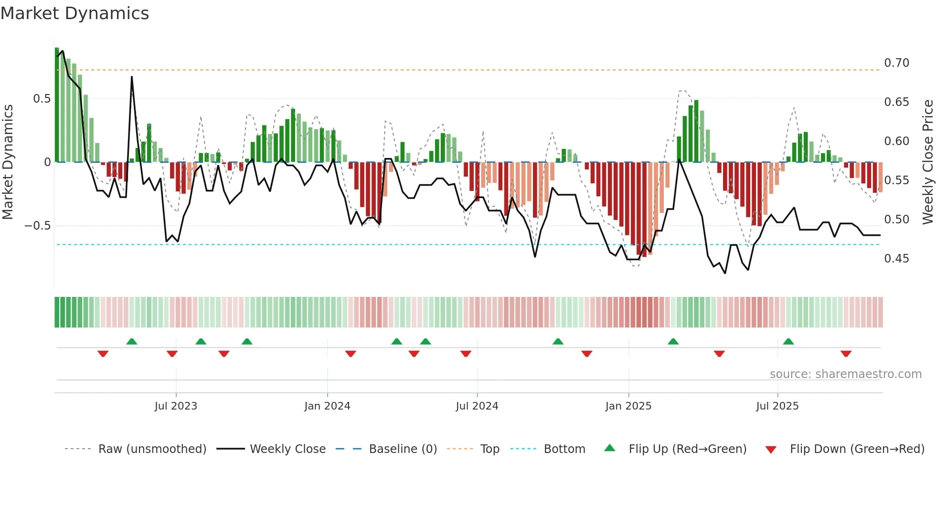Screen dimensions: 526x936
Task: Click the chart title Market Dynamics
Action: pyautogui.click(x=74, y=13)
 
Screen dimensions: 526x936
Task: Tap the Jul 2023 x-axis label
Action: pyautogui.click(x=176, y=406)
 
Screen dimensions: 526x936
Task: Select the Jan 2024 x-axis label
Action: pyautogui.click(x=327, y=406)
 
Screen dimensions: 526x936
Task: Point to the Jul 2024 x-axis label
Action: pyautogui.click(x=477, y=406)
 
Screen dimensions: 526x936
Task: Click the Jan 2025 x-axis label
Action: pyautogui.click(x=628, y=406)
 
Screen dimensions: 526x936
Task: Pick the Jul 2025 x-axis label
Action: pyautogui.click(x=777, y=406)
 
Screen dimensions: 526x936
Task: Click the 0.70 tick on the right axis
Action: pyautogui.click(x=896, y=63)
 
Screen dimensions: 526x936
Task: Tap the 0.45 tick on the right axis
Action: pyautogui.click(x=896, y=259)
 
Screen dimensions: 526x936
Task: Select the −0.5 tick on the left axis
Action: pyautogui.click(x=38, y=226)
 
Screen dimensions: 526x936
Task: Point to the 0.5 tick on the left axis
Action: pyautogui.click(x=42, y=99)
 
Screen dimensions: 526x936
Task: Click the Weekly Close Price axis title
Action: pyautogui.click(x=927, y=162)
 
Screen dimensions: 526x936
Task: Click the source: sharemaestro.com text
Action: pyautogui.click(x=845, y=374)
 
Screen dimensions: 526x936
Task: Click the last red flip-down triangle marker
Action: pyautogui.click(x=846, y=354)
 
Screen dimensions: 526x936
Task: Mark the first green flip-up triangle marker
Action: pyautogui.click(x=132, y=341)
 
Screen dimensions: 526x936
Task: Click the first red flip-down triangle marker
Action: pyautogui.click(x=103, y=354)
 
